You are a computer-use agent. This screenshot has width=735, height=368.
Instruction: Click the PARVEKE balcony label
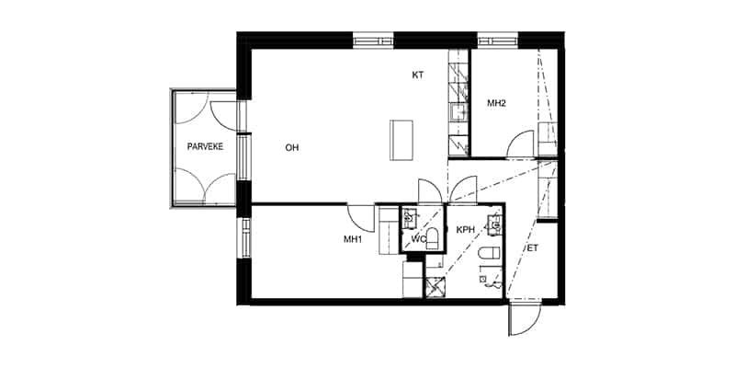[x=205, y=146]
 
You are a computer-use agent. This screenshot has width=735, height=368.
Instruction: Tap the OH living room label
[x=292, y=148]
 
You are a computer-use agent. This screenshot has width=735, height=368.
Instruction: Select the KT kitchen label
[x=418, y=75]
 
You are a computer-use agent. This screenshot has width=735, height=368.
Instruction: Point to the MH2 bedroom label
[x=496, y=103]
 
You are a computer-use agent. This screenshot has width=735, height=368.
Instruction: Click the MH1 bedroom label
[x=353, y=239]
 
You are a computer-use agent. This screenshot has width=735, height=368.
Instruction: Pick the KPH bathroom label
[x=466, y=229]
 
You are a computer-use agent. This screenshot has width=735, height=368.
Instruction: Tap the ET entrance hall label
[x=533, y=248]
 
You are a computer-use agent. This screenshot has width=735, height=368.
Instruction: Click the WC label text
[x=418, y=239]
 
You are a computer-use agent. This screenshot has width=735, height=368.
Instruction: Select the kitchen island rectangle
[x=401, y=141]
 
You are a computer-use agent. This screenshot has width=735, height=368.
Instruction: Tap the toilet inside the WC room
[x=432, y=239]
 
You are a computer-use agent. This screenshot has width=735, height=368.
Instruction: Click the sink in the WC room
[x=410, y=218]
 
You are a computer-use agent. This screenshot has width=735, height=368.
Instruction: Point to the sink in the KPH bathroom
[x=494, y=224]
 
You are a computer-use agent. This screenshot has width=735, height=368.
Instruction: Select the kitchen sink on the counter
[x=458, y=112]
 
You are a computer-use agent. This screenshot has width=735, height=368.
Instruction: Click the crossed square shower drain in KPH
[x=435, y=287]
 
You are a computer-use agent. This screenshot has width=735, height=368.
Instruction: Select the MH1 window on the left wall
[x=244, y=238]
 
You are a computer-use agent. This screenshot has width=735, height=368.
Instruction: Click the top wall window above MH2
[x=498, y=40]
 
